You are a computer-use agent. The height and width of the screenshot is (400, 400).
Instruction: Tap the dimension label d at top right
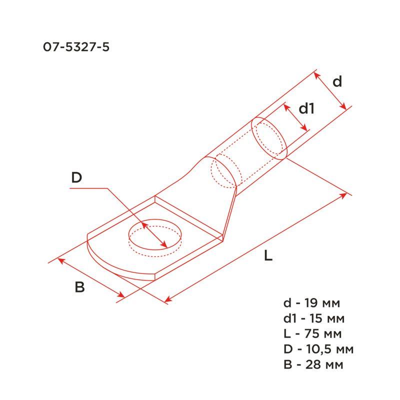tap(337, 81)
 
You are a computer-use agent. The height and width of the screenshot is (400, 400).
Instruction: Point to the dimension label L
tap(268, 256)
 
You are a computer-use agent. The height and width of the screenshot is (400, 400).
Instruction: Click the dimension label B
tap(79, 287)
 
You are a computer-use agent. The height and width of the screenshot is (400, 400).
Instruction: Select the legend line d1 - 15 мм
tap(314, 318)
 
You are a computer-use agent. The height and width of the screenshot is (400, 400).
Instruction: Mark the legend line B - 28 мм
tap(313, 363)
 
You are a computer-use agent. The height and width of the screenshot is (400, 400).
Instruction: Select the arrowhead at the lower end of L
tap(168, 300)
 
